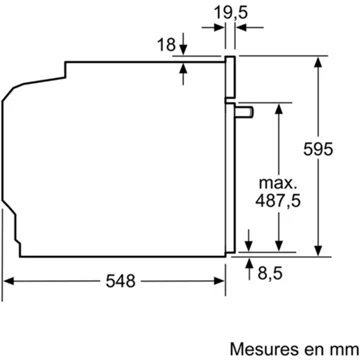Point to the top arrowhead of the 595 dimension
click(317, 62)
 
